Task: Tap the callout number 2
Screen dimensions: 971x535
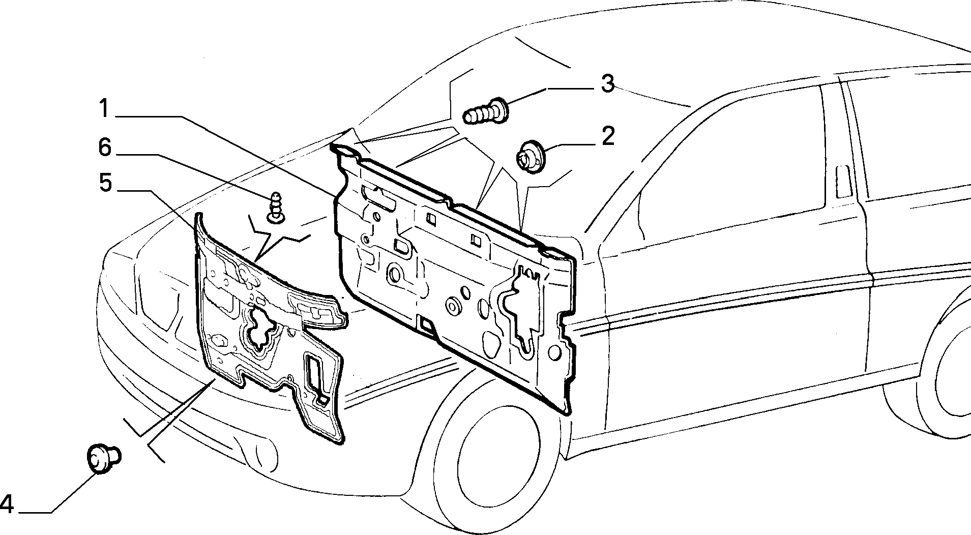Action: pos(607,136)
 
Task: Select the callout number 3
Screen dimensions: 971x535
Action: pos(607,83)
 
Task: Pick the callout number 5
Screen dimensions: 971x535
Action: pos(105,183)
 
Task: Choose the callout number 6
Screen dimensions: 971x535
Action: pos(104,148)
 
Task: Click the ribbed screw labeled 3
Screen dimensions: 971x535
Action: pos(486,112)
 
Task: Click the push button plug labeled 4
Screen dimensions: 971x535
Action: pos(104,458)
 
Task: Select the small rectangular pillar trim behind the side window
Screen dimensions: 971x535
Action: pos(843,181)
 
